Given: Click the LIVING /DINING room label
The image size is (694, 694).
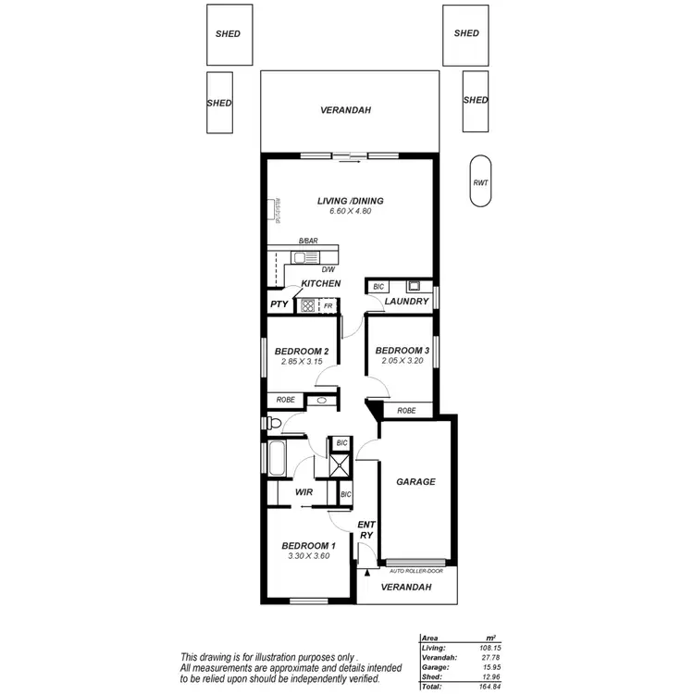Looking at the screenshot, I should [350, 201].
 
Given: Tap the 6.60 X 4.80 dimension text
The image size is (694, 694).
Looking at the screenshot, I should [350, 212].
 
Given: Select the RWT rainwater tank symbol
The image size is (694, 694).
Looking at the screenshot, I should [480, 182].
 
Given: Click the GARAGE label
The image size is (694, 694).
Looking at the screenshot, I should [415, 482].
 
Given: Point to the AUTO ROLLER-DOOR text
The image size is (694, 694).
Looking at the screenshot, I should [416, 571].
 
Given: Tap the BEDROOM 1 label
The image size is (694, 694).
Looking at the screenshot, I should [308, 546].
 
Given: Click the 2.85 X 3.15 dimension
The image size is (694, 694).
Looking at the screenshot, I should [301, 362].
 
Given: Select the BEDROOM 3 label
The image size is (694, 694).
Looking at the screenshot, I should [402, 351].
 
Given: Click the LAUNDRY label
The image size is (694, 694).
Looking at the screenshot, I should [406, 302].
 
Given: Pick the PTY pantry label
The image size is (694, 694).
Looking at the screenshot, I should [279, 304].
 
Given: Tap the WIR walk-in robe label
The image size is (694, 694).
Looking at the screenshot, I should [304, 493].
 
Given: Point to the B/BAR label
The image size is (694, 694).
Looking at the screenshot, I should [308, 242].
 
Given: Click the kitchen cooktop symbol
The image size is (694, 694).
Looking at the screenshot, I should [309, 304].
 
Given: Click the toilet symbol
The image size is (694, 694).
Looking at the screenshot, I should [271, 423].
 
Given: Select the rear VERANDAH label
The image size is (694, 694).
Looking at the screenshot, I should [345, 110].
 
